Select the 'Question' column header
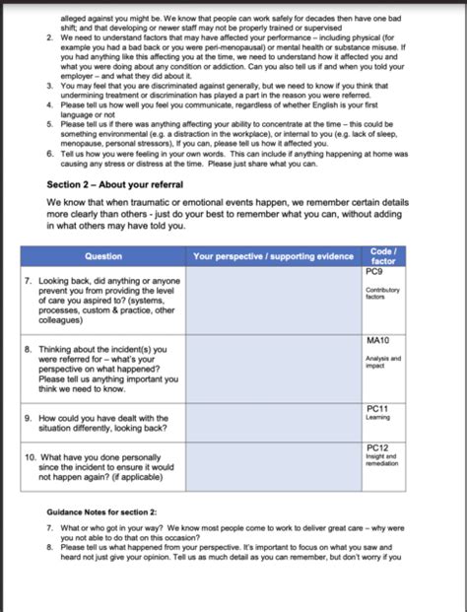coord(103,256)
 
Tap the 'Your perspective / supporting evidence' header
coord(273,256)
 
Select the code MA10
coord(377,340)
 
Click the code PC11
coord(376,408)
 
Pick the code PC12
coord(376,447)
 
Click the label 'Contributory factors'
coord(382,293)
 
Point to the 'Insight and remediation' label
coord(382,460)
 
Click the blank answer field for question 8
coord(273,370)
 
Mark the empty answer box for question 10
coord(273,467)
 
